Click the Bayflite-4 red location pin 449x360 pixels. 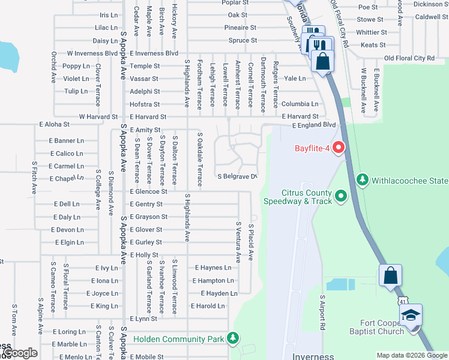click(339, 147)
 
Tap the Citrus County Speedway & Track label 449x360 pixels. click(307, 197)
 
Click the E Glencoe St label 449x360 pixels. click(148, 191)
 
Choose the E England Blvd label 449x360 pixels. click(315, 125)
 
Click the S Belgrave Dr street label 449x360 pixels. click(237, 176)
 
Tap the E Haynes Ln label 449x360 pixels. click(213, 268)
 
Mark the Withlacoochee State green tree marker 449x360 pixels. click(362, 179)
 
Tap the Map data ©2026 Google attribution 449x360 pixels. click(411, 355)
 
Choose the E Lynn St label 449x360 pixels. click(143, 319)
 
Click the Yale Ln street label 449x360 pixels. click(295, 79)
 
